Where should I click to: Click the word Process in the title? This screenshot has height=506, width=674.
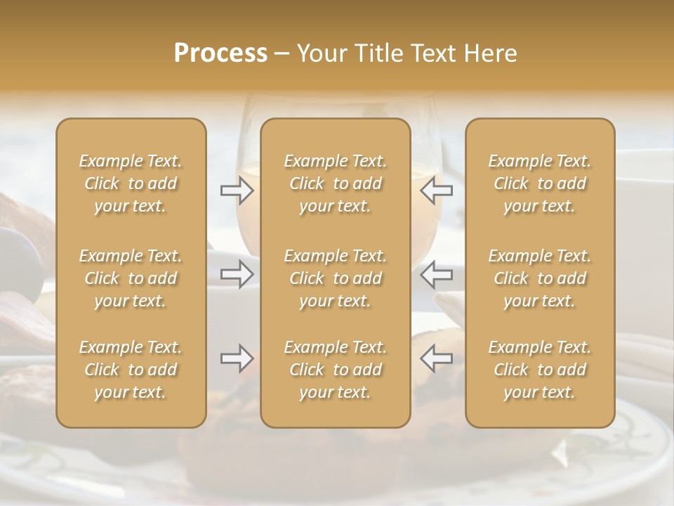click(x=220, y=53)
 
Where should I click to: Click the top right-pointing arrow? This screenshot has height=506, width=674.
click(x=237, y=189)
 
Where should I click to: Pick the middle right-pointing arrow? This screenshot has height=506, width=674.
click(x=237, y=274)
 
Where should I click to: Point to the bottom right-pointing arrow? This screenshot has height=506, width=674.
click(x=237, y=358)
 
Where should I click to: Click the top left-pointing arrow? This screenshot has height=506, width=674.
click(x=436, y=189)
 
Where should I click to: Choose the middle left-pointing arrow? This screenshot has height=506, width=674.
click(x=436, y=274)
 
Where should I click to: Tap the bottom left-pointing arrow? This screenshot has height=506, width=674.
click(x=436, y=358)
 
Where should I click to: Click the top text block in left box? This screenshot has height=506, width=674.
click(x=131, y=183)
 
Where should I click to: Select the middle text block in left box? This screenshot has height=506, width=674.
click(x=131, y=278)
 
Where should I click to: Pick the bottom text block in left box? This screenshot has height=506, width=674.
click(x=131, y=370)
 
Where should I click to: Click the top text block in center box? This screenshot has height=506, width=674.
click(x=336, y=183)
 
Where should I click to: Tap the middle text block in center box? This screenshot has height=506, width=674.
click(x=336, y=278)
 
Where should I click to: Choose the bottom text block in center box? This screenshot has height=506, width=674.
click(x=336, y=370)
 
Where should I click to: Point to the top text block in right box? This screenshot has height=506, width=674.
click(x=540, y=183)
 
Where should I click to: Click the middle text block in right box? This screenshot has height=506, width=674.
click(x=540, y=278)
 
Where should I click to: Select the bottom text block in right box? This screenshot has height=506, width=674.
click(x=540, y=370)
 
